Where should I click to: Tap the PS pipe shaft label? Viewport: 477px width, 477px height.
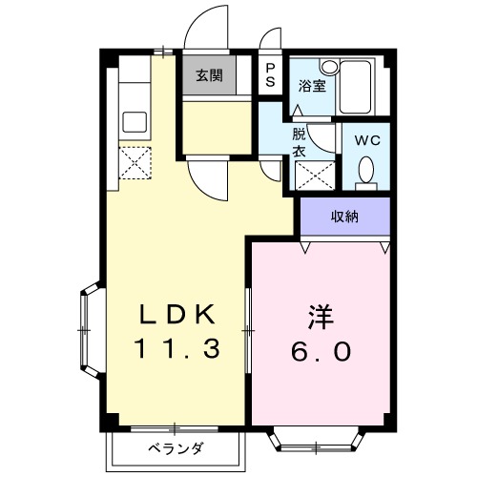(x=271, y=75)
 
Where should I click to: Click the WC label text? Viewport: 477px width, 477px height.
(x=366, y=139)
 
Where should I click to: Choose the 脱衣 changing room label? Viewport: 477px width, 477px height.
(x=299, y=142)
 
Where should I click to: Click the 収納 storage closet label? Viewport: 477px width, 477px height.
(x=344, y=218)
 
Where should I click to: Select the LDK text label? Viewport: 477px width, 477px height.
(x=178, y=314)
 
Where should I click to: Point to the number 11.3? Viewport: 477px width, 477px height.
(x=178, y=349)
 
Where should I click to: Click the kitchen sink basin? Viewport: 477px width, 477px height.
(x=133, y=122)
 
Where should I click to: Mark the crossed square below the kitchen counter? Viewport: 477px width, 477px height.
(x=132, y=161)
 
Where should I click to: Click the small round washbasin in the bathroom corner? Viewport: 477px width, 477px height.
(x=328, y=68)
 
